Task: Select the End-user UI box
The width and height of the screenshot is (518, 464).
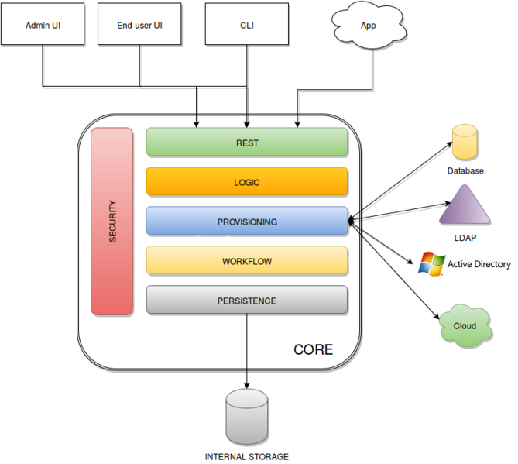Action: coord(140,25)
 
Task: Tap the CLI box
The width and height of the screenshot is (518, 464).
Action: coord(246,25)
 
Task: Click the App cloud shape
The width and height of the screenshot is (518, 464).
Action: coord(368,26)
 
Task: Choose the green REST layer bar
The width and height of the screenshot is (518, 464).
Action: coord(247,143)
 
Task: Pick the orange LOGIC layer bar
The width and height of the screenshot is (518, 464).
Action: coord(247,182)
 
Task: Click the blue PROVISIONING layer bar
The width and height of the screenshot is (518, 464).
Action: coord(247,222)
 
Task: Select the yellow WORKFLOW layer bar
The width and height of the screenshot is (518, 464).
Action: coord(247,261)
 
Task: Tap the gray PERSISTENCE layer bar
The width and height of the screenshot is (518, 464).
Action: coord(247,301)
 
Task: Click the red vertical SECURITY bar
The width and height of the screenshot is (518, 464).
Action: coord(113,222)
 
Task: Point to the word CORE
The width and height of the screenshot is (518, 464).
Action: coord(313,350)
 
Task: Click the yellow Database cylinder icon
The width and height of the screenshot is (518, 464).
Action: coord(465,141)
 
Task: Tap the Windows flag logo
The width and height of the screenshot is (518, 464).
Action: coord(431,263)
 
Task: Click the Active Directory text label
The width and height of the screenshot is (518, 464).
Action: coord(479,264)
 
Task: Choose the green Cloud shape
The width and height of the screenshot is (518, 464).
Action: coord(464,325)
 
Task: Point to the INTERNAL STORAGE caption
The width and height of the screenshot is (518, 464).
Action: coord(247,456)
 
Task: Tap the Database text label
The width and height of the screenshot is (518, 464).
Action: coord(465,170)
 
